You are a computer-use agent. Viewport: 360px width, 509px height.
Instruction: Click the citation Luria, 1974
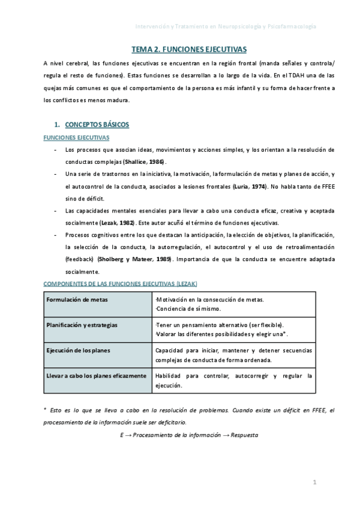(x=250, y=187)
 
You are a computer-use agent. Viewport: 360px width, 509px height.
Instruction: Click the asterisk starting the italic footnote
(x=46, y=410)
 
